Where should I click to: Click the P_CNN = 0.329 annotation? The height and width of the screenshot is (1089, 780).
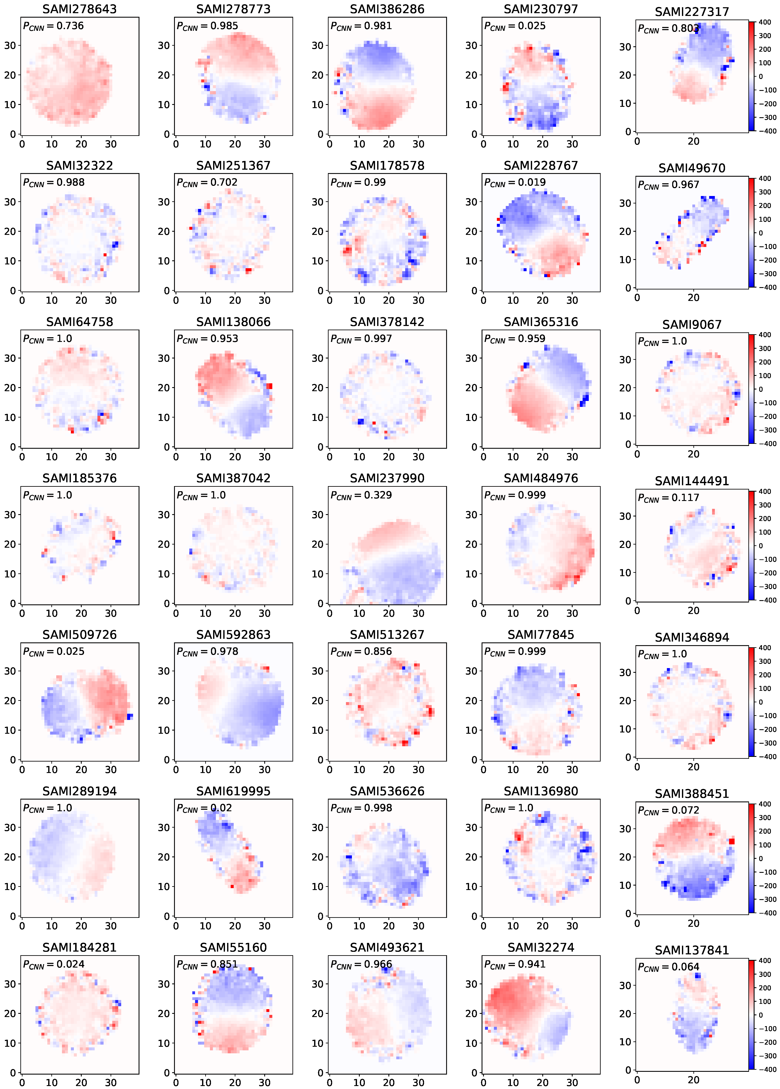[361, 495]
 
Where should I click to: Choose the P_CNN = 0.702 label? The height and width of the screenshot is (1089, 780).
[207, 182]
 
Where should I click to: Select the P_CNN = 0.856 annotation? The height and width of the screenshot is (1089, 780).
[361, 652]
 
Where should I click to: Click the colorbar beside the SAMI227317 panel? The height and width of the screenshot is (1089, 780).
[751, 76]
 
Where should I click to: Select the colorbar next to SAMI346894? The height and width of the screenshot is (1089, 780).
[751, 702]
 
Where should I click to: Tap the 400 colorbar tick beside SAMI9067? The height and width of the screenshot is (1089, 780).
[765, 335]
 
